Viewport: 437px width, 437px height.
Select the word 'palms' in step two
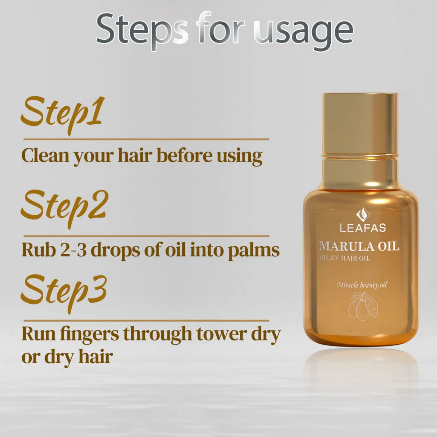[253, 250]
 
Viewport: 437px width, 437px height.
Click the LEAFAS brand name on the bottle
[363, 228]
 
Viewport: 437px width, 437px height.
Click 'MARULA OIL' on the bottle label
[359, 246]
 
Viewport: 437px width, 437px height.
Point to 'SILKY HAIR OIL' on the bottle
[345, 258]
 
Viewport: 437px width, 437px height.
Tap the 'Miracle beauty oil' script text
[362, 285]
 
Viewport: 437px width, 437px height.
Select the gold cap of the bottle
[360, 122]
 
